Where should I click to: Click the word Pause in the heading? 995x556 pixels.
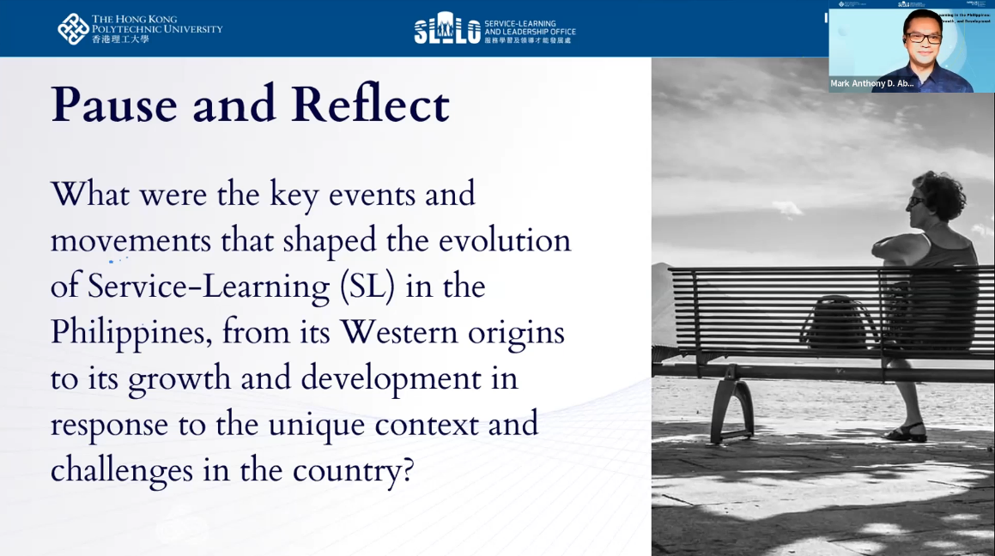[x=113, y=106]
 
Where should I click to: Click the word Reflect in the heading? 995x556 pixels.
[x=369, y=106]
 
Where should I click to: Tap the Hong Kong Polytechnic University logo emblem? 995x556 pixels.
[x=72, y=28]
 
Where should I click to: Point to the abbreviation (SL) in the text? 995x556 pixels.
[x=367, y=287]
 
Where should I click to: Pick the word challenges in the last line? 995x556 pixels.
[x=121, y=470]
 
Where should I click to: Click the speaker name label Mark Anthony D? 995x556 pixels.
[x=871, y=83]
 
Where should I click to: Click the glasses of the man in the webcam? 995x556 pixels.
[x=923, y=38]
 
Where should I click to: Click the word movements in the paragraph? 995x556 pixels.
[x=130, y=240]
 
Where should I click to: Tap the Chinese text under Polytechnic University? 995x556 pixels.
[x=120, y=39]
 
